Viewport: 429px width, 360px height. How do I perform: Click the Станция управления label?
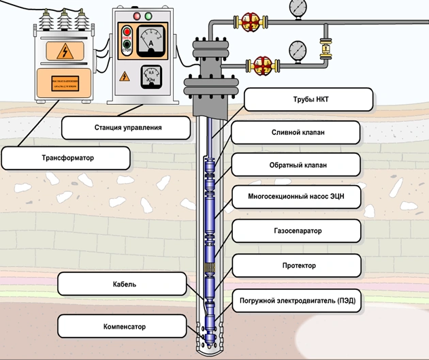click(123, 127)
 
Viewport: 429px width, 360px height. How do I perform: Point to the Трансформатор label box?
click(66, 159)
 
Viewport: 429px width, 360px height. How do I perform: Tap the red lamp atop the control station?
click(137, 15)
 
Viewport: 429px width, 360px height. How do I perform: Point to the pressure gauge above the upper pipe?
click(298, 7)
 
